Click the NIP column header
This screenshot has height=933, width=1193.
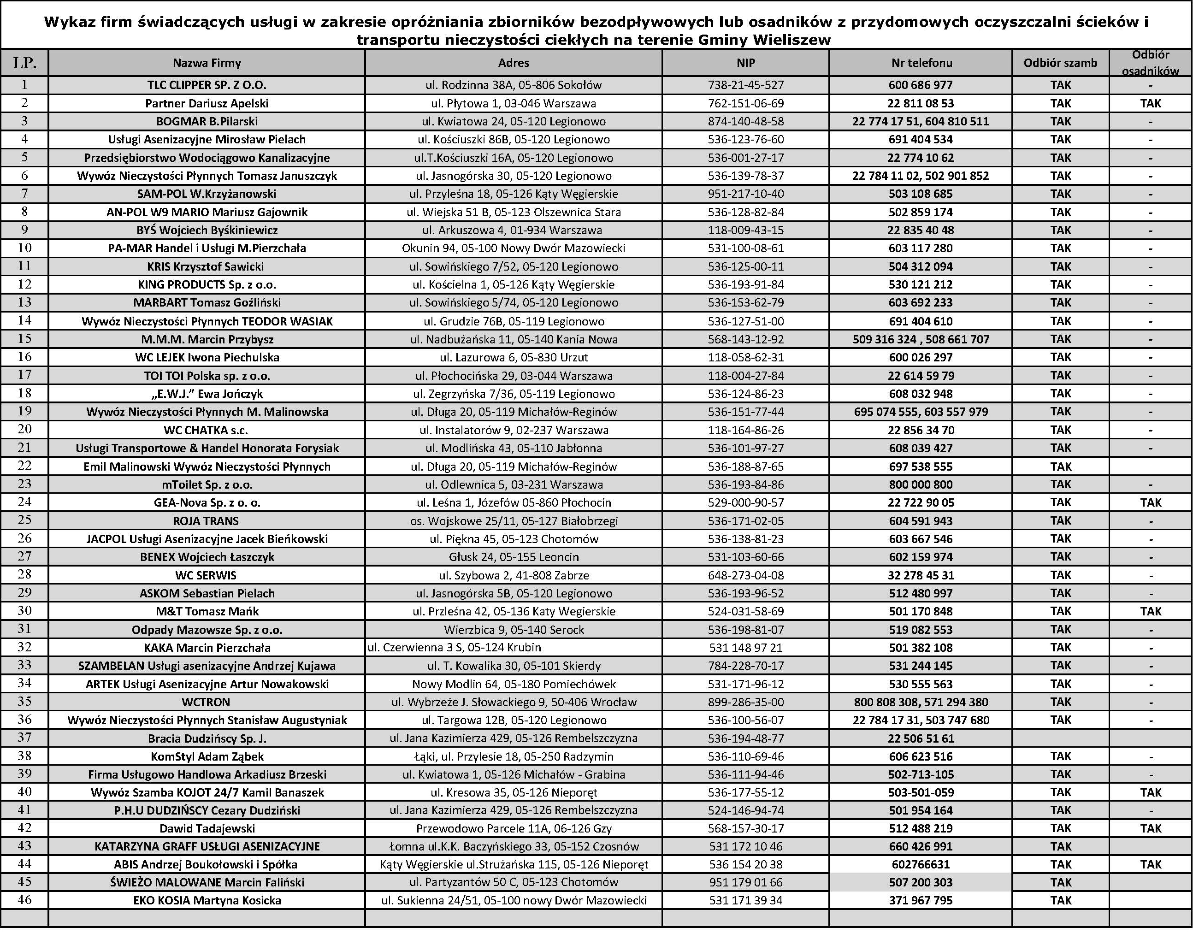746,63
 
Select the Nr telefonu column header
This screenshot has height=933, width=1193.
921,63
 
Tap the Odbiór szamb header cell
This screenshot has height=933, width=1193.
1060,63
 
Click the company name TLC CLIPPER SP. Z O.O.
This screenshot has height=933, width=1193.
207,85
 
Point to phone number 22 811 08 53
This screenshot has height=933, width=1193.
921,103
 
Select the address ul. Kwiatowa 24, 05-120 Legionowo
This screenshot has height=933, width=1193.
514,121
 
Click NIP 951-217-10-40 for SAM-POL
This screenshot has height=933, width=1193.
746,194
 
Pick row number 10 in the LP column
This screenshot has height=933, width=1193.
24,248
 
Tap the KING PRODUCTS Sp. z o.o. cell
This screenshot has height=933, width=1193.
207,284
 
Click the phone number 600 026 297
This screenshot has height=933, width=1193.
921,357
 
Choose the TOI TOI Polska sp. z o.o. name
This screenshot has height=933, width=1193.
207,376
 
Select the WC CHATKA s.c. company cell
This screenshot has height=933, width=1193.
207,430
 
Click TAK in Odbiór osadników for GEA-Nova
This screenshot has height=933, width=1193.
1151,502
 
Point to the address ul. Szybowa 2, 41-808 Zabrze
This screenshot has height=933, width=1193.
514,575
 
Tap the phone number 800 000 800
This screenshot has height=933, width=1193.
921,484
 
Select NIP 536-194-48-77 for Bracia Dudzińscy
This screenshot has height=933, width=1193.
746,738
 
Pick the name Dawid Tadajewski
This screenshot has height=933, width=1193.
207,828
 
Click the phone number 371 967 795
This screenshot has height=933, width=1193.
921,900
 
